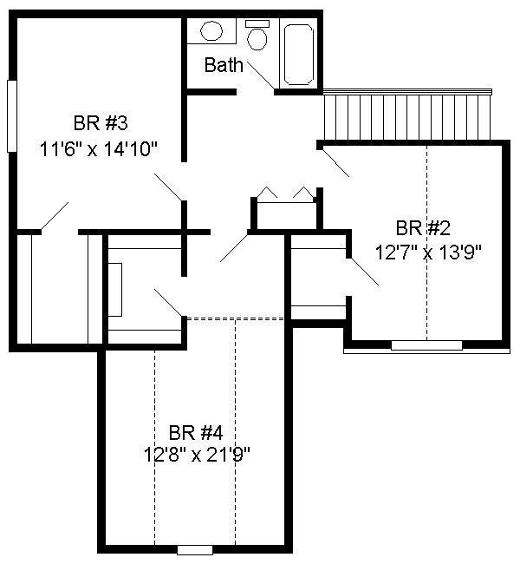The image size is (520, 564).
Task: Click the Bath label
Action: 224,65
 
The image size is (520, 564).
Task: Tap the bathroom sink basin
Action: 211,31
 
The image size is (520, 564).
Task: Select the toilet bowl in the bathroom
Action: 257,39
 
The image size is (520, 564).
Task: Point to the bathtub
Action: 298,55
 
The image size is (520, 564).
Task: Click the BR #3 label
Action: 101,123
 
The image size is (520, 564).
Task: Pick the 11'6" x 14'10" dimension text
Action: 99,149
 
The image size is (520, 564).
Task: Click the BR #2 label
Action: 423,228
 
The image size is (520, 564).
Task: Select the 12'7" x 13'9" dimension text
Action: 428,252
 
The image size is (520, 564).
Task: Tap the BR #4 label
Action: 196,432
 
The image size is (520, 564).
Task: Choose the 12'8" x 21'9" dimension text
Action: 197,455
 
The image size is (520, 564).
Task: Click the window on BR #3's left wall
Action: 12,116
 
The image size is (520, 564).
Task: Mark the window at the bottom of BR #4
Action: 195,550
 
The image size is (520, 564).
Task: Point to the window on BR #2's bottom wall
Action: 426,345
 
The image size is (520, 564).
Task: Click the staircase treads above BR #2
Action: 406,115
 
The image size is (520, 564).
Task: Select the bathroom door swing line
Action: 261,75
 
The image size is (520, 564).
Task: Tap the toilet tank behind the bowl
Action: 257,23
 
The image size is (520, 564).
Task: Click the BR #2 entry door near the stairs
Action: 335,162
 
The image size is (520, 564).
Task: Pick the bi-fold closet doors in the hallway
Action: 285,193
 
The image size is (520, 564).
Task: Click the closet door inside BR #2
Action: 365,272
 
